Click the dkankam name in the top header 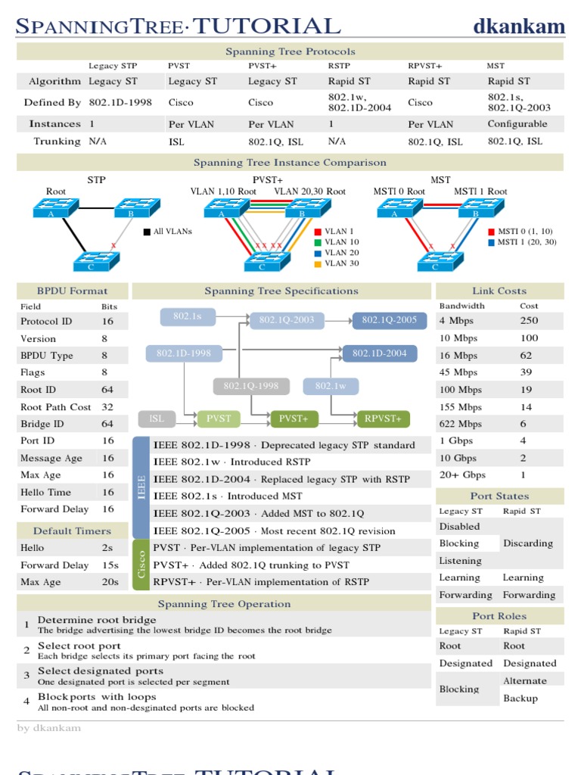[519, 27]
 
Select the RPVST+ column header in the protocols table [424, 66]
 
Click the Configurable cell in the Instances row [517, 123]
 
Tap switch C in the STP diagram [96, 261]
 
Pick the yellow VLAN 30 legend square [318, 264]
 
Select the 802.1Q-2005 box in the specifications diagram [389, 320]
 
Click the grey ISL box [157, 419]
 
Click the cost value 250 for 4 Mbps [529, 321]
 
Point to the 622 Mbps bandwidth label [460, 424]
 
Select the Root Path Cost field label [56, 407]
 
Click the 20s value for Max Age [110, 582]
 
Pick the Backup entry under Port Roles [520, 698]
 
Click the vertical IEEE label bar [141, 487]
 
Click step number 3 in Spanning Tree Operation [26, 675]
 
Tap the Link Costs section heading [499, 291]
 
